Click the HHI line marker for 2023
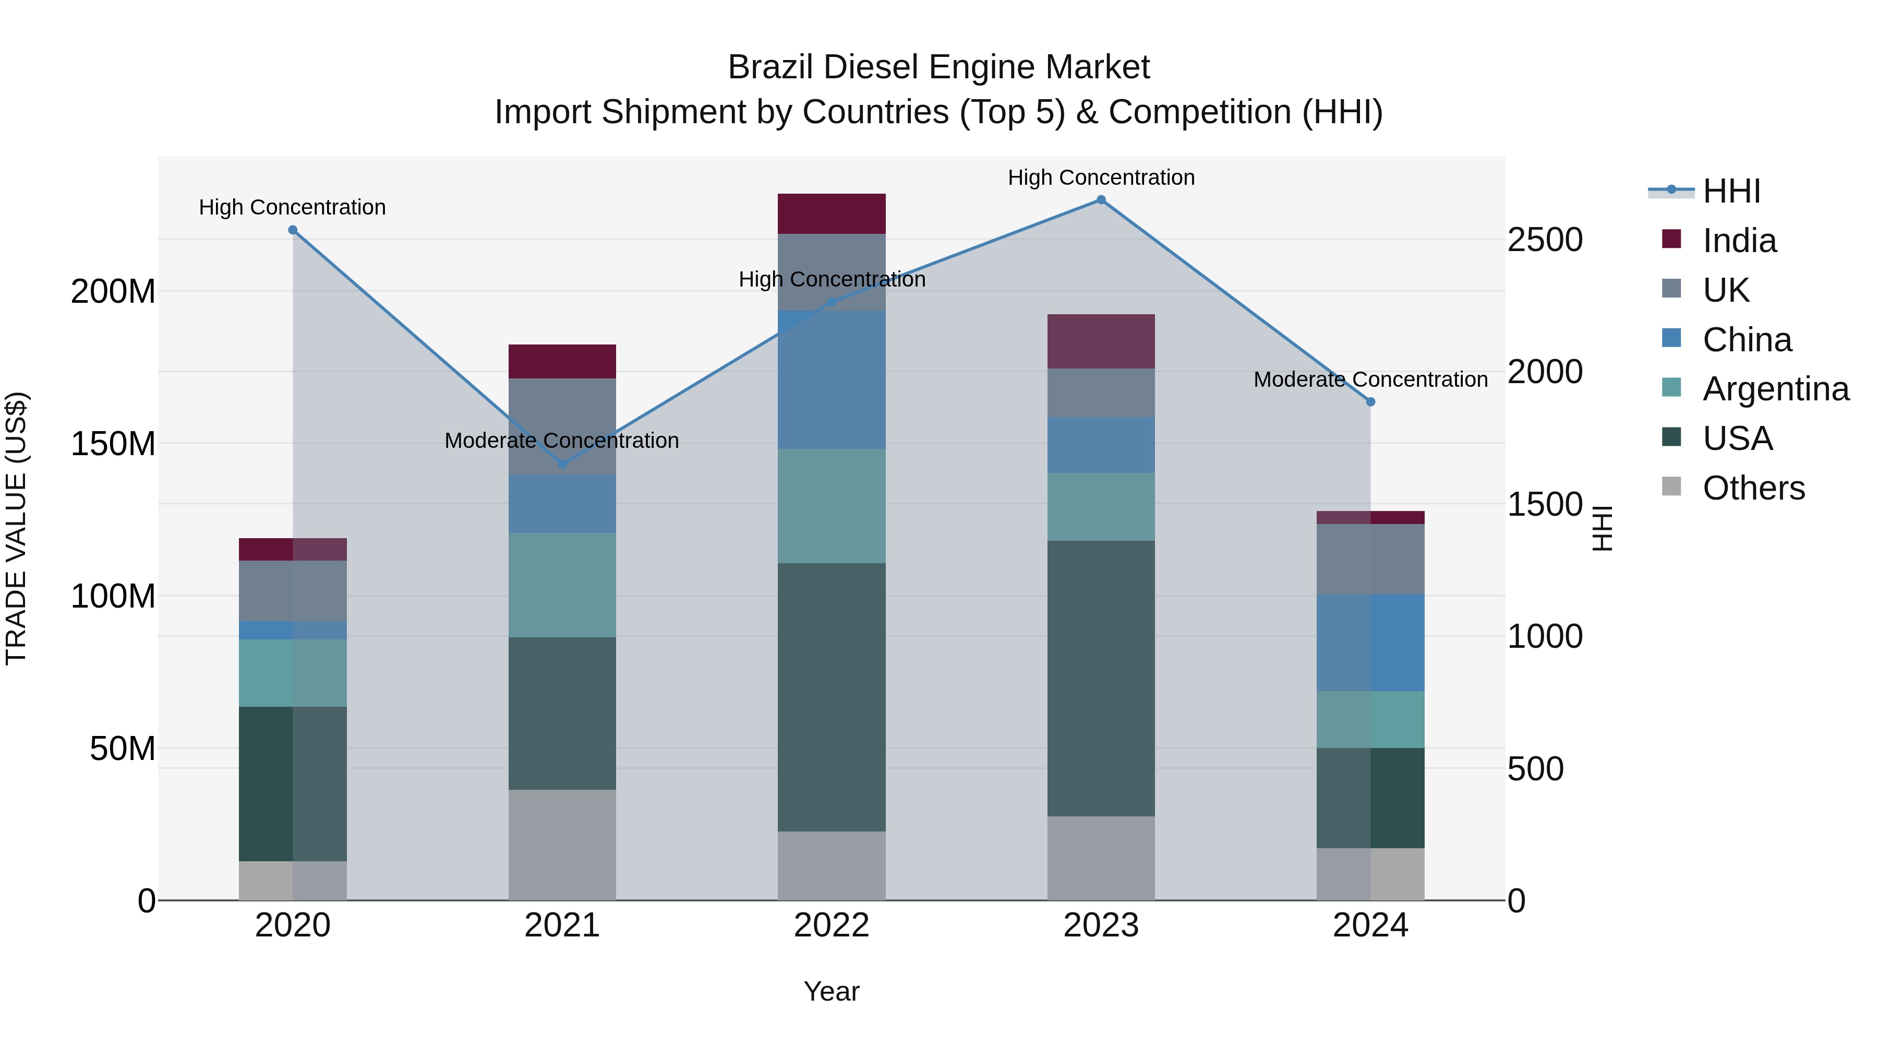tap(1101, 200)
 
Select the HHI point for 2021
tap(562, 464)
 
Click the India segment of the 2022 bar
tap(832, 213)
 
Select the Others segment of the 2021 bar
tap(562, 845)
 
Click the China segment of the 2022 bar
tap(832, 379)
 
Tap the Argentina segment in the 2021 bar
tap(562, 585)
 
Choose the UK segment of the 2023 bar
tap(1101, 393)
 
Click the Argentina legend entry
tap(1775, 389)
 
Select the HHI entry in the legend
tap(1731, 191)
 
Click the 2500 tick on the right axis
tap(1545, 240)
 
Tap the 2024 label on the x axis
tap(1370, 925)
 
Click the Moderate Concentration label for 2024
tap(1370, 379)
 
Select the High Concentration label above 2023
tap(1101, 177)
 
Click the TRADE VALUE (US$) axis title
tap(16, 528)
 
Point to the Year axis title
tap(832, 991)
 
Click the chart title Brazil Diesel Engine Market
tap(938, 67)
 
